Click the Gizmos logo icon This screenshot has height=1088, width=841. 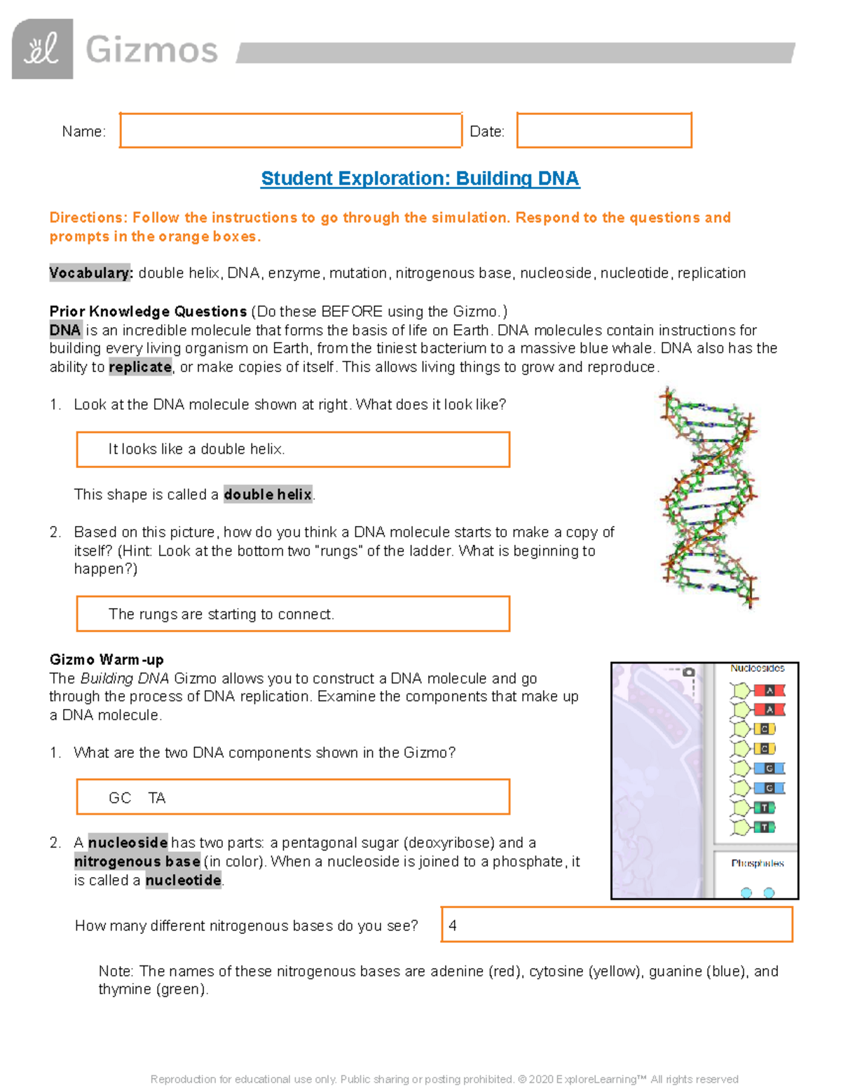pyautogui.click(x=42, y=49)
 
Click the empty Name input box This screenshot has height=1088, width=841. pyautogui.click(x=290, y=130)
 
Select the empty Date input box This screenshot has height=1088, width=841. pyautogui.click(x=604, y=130)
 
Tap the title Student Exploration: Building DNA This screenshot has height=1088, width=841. pyautogui.click(x=420, y=179)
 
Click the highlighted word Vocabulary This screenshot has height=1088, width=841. pyautogui.click(x=90, y=273)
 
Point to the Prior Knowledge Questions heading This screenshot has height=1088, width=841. pyautogui.click(x=148, y=311)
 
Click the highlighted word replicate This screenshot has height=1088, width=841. pyautogui.click(x=140, y=367)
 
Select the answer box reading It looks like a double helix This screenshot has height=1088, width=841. pyautogui.click(x=293, y=449)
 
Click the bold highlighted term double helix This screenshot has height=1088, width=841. pyautogui.click(x=268, y=495)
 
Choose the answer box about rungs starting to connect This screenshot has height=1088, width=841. pyautogui.click(x=293, y=614)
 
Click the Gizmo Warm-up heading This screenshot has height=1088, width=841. pyautogui.click(x=107, y=659)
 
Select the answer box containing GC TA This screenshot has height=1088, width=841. pyautogui.click(x=293, y=797)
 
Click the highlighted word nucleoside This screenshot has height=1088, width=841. pyautogui.click(x=128, y=843)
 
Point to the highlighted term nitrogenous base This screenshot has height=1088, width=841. pyautogui.click(x=137, y=862)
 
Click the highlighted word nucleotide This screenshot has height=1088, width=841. pyautogui.click(x=184, y=881)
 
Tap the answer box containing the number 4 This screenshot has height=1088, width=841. pyautogui.click(x=617, y=925)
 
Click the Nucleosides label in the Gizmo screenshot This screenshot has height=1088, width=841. pyautogui.click(x=757, y=668)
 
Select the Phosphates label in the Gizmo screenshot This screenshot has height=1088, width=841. pyautogui.click(x=757, y=863)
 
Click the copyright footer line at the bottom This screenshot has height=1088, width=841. pyautogui.click(x=444, y=1079)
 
